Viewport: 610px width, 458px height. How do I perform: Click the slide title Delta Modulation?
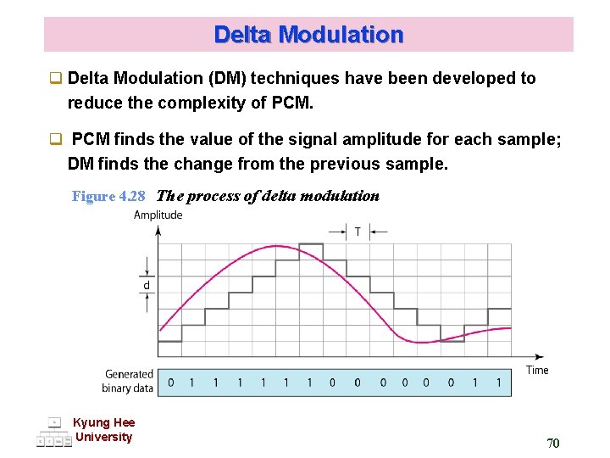(x=308, y=35)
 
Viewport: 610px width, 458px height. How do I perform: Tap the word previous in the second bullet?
(x=341, y=164)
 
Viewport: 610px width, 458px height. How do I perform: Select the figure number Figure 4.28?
(x=108, y=196)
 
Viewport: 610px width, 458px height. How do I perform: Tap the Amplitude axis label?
(x=158, y=215)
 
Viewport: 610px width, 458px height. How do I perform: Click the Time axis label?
(x=537, y=370)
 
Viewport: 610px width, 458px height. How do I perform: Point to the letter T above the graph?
(x=358, y=231)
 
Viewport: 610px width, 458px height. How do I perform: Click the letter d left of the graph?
(x=146, y=285)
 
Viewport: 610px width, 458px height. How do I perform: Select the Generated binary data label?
(x=129, y=381)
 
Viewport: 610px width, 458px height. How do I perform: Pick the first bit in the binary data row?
(x=170, y=383)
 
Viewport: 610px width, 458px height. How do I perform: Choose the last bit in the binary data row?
(x=499, y=383)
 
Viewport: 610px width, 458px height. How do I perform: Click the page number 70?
(x=552, y=443)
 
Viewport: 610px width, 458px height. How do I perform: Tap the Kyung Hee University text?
(x=103, y=430)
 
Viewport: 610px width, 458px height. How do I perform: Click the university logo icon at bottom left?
(x=54, y=433)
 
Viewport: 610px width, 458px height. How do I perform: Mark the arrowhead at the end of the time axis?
(x=540, y=356)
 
